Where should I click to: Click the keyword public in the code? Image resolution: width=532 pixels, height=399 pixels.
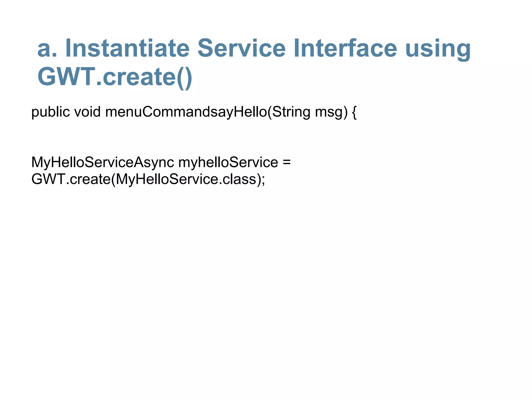tap(50, 112)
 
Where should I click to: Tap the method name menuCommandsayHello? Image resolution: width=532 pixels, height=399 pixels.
tap(186, 112)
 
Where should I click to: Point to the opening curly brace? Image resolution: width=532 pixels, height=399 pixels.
tap(354, 112)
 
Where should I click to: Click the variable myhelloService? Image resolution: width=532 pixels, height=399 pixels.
tap(228, 163)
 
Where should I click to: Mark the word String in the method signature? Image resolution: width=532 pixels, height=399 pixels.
tap(291, 112)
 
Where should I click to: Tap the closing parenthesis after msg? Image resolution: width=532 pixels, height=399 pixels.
tap(345, 112)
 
